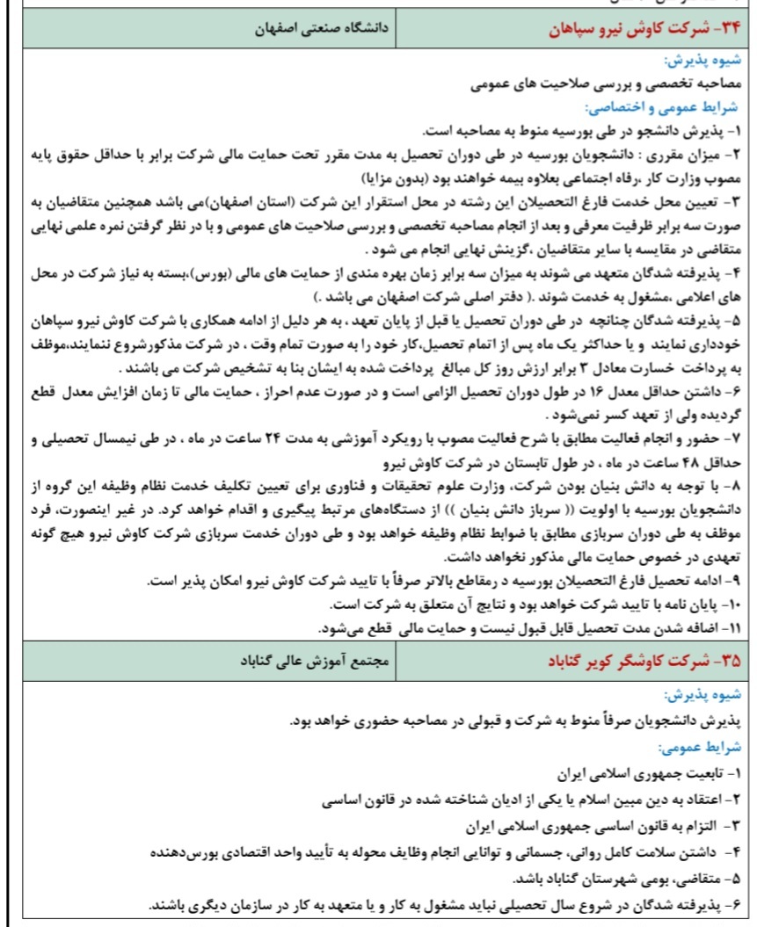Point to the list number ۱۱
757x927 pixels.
click(732, 627)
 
